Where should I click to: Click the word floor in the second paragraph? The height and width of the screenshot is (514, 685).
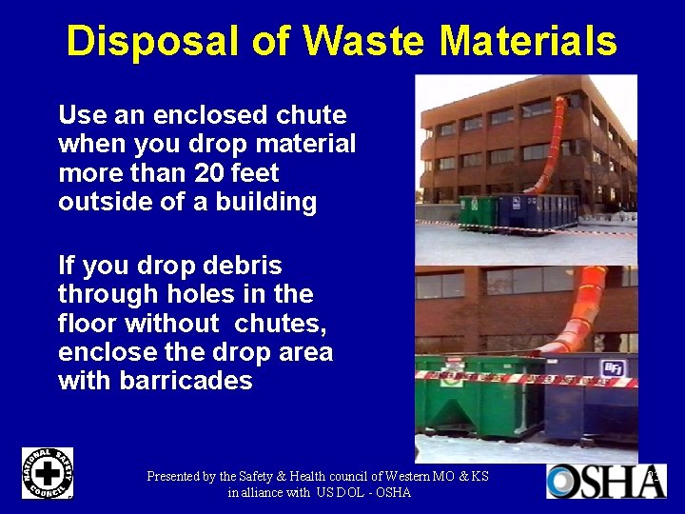point(88,324)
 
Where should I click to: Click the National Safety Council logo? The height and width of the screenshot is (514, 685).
point(48,473)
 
